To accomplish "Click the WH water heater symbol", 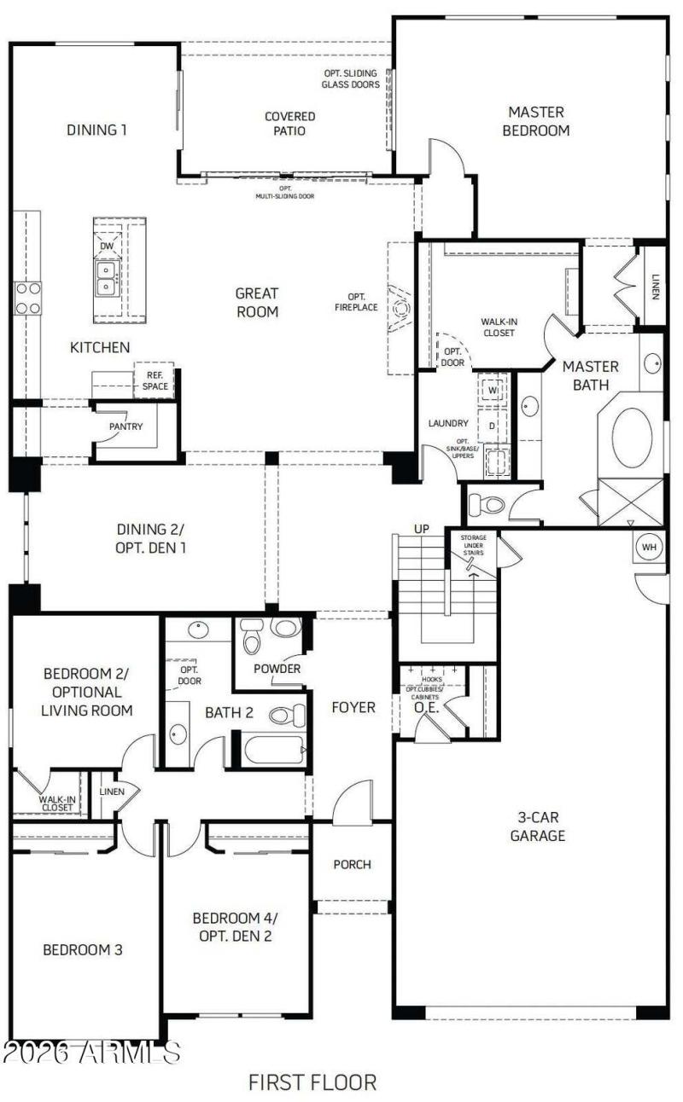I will [x=650, y=547].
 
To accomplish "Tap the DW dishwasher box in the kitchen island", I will [x=108, y=246].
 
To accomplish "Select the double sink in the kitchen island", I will [x=108, y=277].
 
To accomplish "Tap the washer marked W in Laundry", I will [x=493, y=391].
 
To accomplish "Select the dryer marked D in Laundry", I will [x=493, y=424].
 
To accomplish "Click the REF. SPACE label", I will [x=155, y=380].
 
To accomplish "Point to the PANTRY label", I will [x=126, y=426].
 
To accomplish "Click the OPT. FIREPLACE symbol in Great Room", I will [x=400, y=307].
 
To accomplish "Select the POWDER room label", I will [x=277, y=669].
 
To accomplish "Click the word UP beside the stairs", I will [x=422, y=530].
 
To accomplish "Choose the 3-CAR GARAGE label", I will [x=538, y=826].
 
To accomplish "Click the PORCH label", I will [x=352, y=864].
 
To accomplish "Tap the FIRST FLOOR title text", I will [x=312, y=1082].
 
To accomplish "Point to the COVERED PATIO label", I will [x=289, y=124].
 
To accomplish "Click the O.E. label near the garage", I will [x=425, y=707].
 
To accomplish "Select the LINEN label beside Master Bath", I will [x=654, y=287].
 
